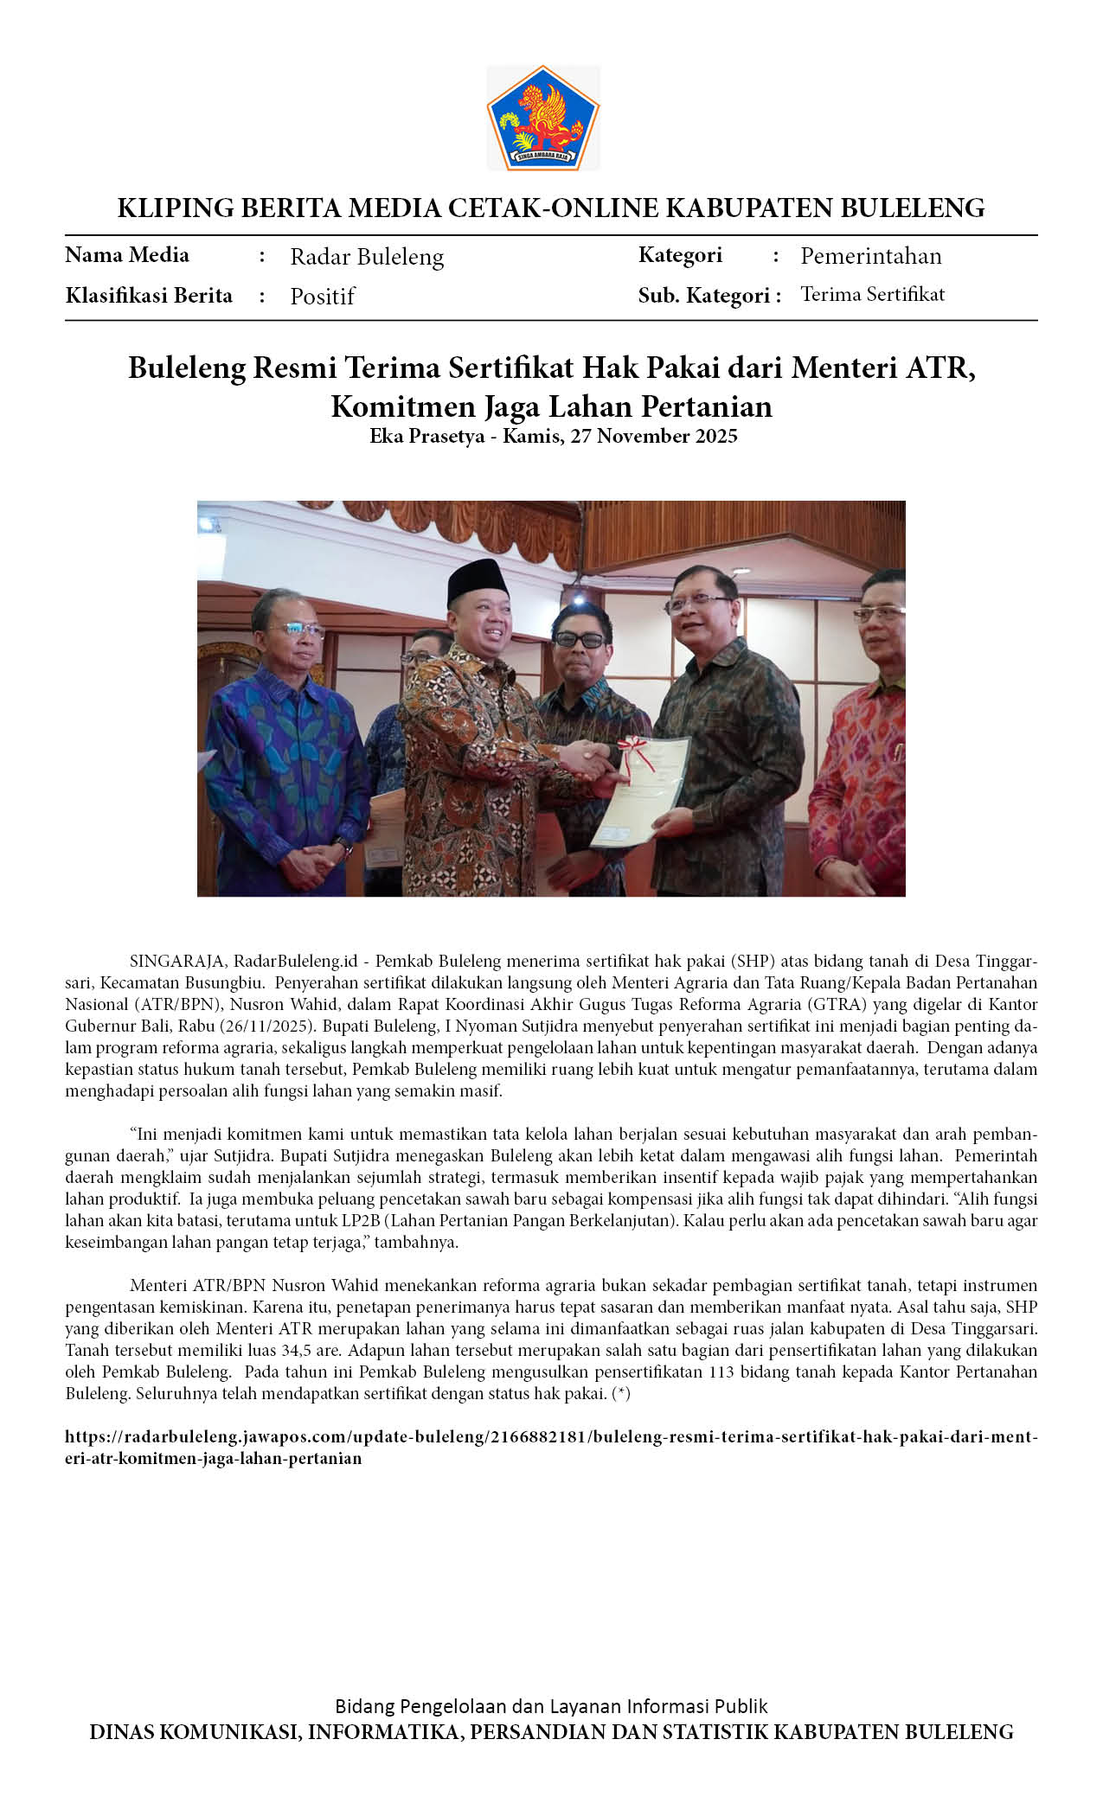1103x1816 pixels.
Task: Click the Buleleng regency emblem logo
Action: pos(542,118)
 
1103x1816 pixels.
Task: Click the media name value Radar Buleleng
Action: pos(367,257)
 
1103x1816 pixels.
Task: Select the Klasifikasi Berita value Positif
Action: pos(322,297)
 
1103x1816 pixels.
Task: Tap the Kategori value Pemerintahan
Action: pos(870,256)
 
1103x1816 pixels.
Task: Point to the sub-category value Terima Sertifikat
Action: pos(872,295)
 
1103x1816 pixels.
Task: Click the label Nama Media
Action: pos(127,255)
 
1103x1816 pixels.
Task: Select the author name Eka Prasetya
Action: pos(426,436)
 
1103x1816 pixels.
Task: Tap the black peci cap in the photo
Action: pos(477,580)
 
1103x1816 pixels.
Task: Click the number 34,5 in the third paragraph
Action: pos(297,1350)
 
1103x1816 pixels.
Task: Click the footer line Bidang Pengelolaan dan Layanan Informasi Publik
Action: pos(551,1706)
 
